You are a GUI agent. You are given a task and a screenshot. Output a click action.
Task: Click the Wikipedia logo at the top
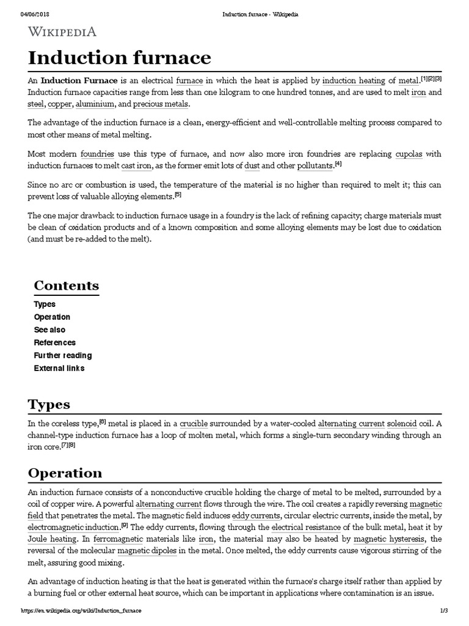[62, 32]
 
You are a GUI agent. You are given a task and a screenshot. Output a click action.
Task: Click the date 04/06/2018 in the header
[34, 15]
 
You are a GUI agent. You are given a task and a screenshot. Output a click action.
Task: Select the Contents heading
[66, 285]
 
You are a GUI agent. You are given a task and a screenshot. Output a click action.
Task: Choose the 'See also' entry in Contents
[49, 330]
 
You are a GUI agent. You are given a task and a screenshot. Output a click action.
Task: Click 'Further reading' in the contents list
[63, 355]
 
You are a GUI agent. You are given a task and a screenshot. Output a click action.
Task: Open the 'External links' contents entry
[59, 368]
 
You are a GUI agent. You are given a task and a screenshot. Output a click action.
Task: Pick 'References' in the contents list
[55, 342]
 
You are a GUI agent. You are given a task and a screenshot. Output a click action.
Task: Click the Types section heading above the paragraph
[49, 404]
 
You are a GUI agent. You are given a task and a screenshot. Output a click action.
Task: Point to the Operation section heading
[65, 473]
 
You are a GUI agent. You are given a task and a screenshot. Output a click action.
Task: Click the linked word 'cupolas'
[409, 153]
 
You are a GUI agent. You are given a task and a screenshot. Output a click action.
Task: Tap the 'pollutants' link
[314, 166]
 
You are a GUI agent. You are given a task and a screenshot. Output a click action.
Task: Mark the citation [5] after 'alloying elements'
[178, 195]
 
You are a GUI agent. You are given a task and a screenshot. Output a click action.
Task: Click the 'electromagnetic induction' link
[73, 527]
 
